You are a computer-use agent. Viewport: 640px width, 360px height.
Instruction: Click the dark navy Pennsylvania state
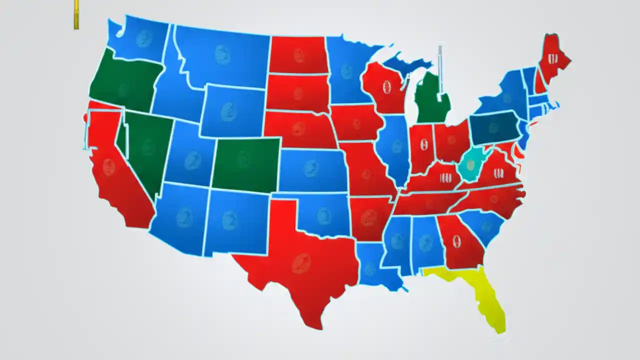[493, 128]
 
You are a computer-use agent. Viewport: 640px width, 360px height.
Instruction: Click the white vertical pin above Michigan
[440, 70]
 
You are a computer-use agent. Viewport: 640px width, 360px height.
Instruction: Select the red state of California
[115, 175]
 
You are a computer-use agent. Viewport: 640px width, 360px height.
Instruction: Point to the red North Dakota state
[298, 55]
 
